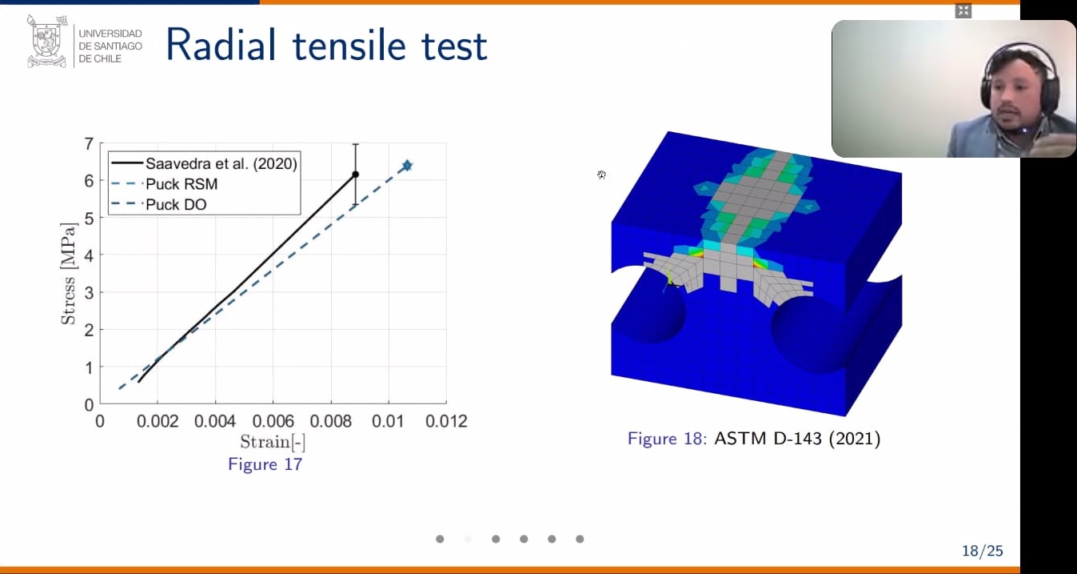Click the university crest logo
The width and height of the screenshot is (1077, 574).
tap(46, 42)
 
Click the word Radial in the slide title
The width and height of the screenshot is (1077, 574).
tap(221, 46)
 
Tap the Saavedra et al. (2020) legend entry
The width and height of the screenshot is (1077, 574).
tap(204, 164)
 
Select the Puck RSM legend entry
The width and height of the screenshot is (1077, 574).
tap(164, 184)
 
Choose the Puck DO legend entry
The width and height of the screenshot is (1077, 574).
tap(158, 205)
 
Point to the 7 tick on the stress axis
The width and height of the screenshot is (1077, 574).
tap(89, 143)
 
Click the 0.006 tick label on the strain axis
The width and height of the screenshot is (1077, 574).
tap(273, 421)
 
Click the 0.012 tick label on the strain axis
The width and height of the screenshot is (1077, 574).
tap(446, 421)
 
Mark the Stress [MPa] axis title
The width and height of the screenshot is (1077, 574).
tap(68, 274)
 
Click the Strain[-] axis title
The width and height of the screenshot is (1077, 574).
tap(273, 442)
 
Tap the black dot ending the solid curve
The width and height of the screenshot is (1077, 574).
tap(355, 175)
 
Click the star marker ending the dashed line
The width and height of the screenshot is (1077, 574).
tap(407, 166)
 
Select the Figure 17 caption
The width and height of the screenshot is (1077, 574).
tap(265, 464)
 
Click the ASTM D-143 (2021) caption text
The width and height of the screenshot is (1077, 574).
tap(797, 439)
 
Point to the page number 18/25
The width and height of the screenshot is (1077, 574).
tap(983, 551)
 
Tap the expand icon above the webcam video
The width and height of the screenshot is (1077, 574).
tap(963, 10)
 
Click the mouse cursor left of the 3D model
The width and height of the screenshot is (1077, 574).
tap(601, 175)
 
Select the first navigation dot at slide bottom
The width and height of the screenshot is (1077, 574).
tap(440, 539)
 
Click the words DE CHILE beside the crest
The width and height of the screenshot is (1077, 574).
tap(100, 58)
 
